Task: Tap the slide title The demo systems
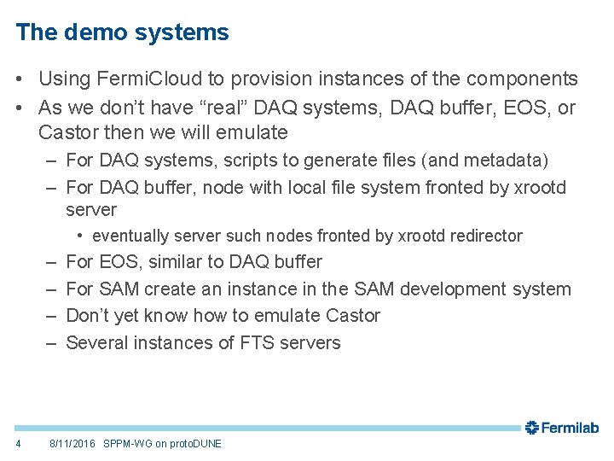[122, 32]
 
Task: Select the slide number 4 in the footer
[19, 444]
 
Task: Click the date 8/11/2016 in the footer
[72, 444]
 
